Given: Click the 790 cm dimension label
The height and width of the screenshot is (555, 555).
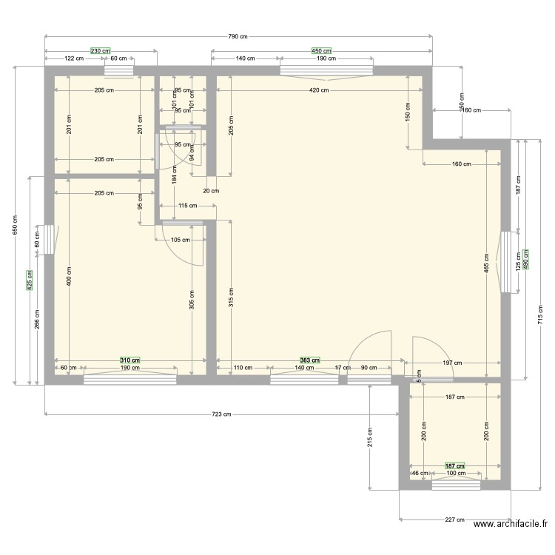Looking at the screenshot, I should [237, 36].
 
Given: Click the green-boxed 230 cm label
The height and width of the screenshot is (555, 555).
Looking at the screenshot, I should [101, 51].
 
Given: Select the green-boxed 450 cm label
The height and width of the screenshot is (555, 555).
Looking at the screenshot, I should [322, 51].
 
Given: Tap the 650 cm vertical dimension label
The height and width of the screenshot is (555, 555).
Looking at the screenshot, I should [15, 225].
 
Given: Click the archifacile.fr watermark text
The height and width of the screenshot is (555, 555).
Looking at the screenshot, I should [511, 525].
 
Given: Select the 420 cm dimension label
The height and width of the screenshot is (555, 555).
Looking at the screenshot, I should [320, 90].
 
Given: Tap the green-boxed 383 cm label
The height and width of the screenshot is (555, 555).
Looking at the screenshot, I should [309, 360].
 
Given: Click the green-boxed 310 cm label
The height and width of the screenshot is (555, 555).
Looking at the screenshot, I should [130, 360].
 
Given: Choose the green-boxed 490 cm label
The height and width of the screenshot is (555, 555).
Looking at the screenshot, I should [526, 259].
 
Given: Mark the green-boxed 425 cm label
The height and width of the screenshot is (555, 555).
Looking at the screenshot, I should [30, 280].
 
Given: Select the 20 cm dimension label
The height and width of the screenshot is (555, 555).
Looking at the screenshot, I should [212, 191].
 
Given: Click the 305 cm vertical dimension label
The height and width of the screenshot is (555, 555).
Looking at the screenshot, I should [192, 298].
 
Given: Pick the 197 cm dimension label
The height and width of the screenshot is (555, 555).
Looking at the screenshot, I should [452, 363].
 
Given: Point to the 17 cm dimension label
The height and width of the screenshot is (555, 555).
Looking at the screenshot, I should [343, 368].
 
